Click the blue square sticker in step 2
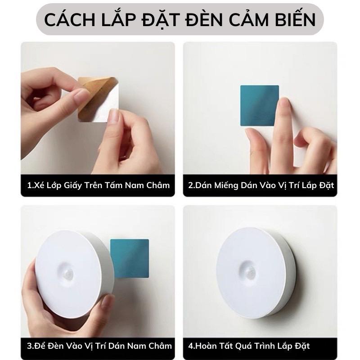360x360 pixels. pyautogui.click(x=259, y=105)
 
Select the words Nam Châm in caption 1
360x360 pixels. pyautogui.click(x=148, y=184)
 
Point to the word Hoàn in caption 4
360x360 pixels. pyautogui.click(x=206, y=346)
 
